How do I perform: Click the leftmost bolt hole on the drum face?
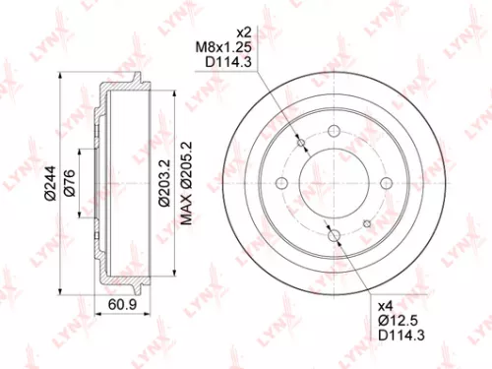282,183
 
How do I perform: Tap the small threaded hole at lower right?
368,222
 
